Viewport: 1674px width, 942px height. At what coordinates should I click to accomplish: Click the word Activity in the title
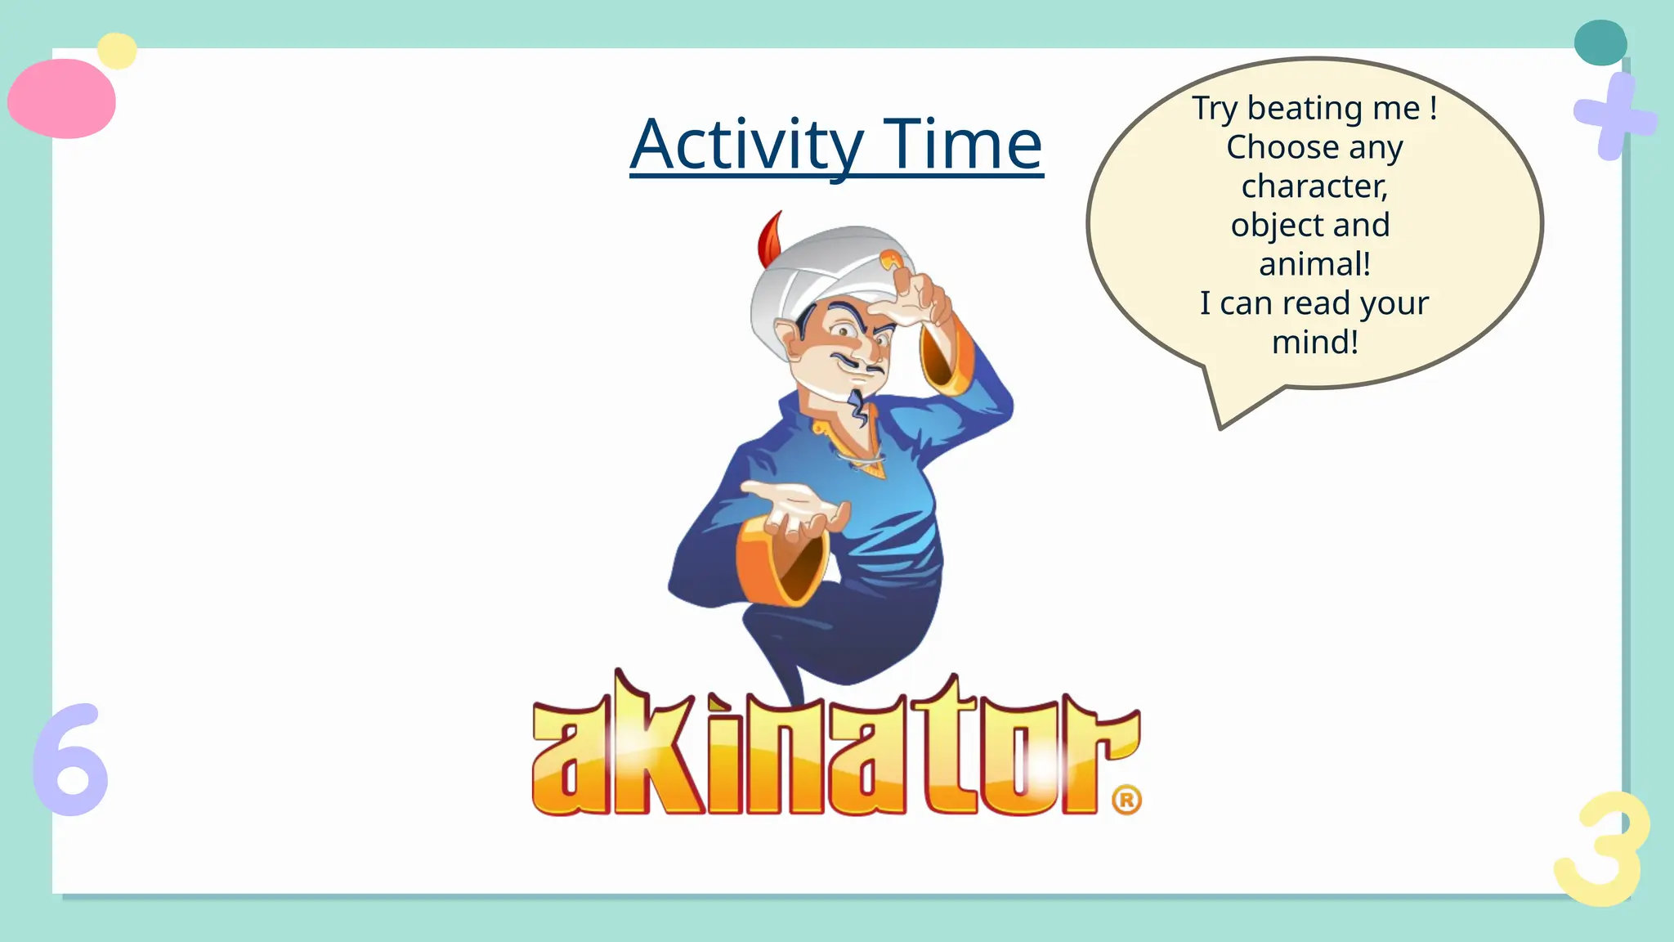pyautogui.click(x=746, y=145)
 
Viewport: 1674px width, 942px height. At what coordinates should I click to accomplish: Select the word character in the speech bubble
pyautogui.click(x=1314, y=186)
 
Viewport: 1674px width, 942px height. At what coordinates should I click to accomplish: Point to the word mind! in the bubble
pyautogui.click(x=1314, y=342)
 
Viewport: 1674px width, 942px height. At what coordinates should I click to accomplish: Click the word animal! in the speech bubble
pyautogui.click(x=1314, y=264)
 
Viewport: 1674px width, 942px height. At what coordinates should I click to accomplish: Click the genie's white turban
pyautogui.click(x=817, y=270)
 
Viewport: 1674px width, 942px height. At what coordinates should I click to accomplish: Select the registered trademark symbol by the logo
pyautogui.click(x=1126, y=800)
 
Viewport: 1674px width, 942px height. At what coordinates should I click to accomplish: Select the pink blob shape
pyautogui.click(x=62, y=99)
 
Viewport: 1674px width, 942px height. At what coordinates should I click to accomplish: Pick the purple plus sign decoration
pyautogui.click(x=1613, y=117)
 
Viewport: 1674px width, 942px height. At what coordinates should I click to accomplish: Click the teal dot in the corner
pyautogui.click(x=1600, y=43)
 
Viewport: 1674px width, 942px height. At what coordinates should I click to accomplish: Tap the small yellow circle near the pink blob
pyautogui.click(x=117, y=51)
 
